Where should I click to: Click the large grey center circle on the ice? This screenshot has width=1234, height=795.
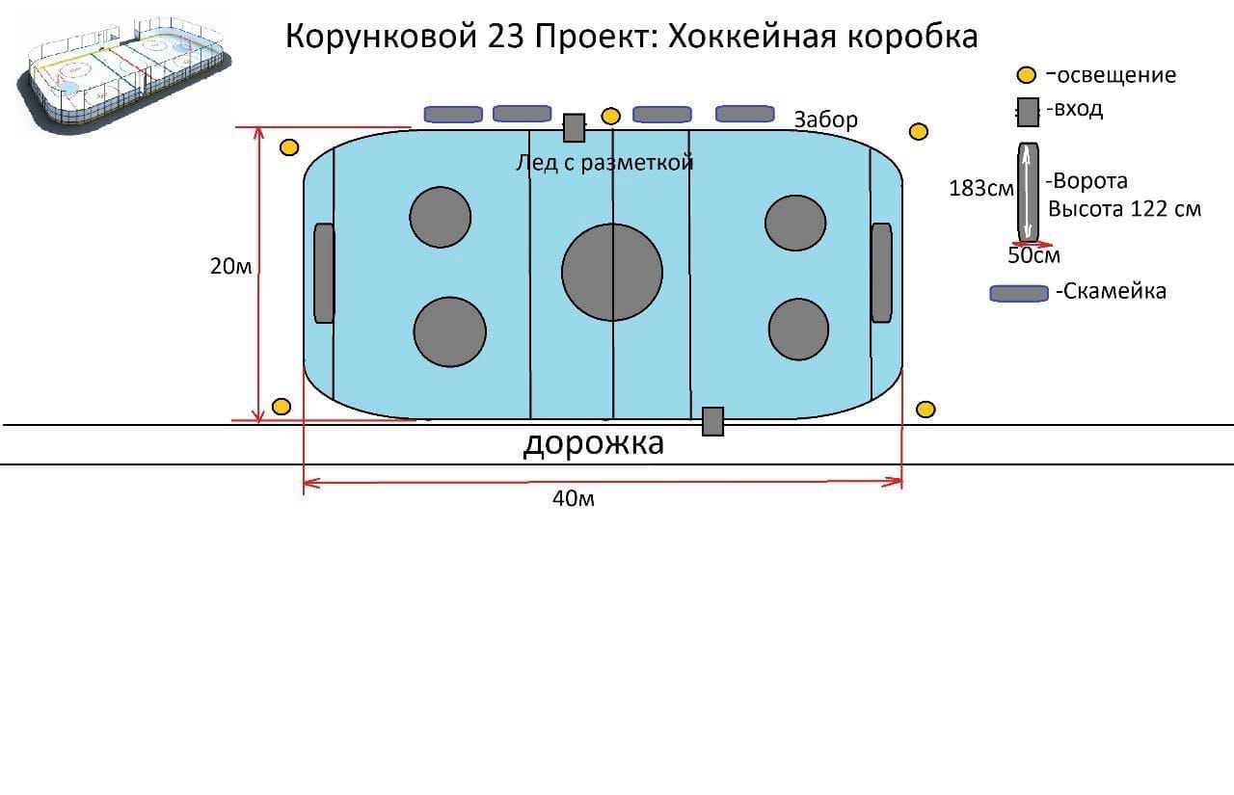[x=612, y=272]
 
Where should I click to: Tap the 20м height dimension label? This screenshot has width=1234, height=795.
[x=230, y=267]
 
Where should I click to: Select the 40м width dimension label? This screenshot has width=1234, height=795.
[x=573, y=498]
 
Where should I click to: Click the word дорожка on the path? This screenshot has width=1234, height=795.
[x=593, y=443]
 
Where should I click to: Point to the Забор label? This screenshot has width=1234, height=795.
[x=825, y=119]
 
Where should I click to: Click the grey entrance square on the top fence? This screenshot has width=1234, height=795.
[x=575, y=127]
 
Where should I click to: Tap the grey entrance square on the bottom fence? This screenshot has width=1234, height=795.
[x=712, y=421]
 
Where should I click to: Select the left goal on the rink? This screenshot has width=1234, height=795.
[x=324, y=273]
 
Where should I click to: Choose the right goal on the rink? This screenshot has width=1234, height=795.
[x=881, y=273]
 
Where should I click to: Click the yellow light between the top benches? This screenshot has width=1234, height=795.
[x=610, y=117]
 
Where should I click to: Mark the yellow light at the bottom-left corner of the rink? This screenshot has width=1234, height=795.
[x=282, y=407]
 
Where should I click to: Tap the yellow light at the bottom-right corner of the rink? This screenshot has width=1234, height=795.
[x=925, y=410]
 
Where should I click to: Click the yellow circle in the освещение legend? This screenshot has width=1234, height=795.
[x=1027, y=75]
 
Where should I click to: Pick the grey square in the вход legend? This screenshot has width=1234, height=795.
[x=1028, y=112]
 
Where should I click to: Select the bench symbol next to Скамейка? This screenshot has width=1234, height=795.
[x=1019, y=293]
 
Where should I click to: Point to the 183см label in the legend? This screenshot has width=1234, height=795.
[x=980, y=189]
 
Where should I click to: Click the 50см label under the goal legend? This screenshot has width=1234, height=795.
[x=1033, y=255]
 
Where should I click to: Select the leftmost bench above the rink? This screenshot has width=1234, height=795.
[x=453, y=115]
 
